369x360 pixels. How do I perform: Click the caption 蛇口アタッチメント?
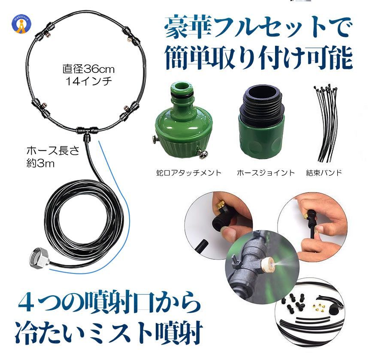pos(189,173)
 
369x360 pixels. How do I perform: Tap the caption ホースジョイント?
pos(266,173)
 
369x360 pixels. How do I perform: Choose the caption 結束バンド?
pos(324,173)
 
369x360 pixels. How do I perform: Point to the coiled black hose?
pos(86,219)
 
